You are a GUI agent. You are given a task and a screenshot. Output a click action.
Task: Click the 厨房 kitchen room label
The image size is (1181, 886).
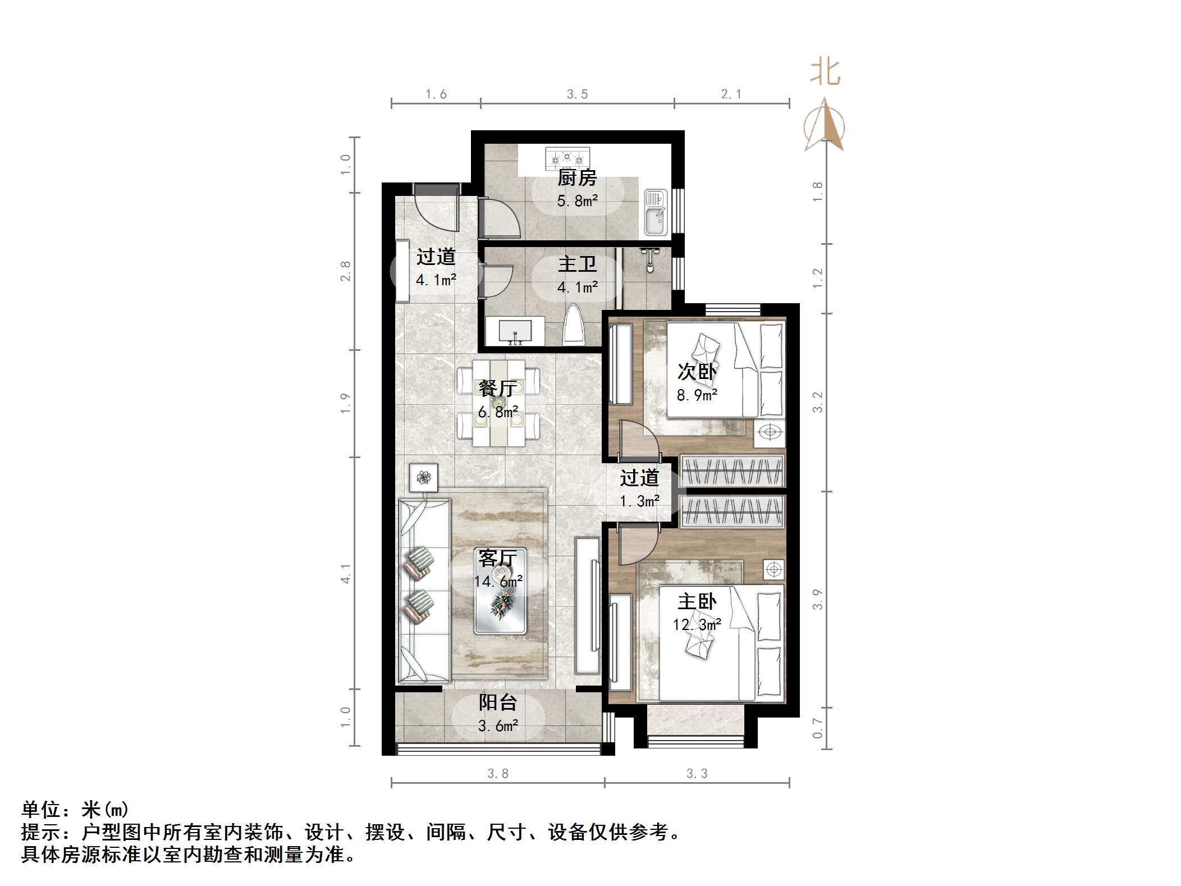pyautogui.click(x=576, y=178)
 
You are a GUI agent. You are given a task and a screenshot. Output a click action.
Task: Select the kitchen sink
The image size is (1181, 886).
pyautogui.click(x=654, y=212)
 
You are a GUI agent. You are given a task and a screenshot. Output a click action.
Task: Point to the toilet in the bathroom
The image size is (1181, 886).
pyautogui.click(x=574, y=325)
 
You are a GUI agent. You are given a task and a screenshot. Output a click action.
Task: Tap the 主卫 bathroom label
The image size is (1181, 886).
pyautogui.click(x=577, y=264)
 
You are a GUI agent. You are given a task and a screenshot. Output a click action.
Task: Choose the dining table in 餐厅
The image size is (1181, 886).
pyautogui.click(x=498, y=403)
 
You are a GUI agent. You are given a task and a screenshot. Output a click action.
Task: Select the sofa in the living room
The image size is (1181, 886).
pyautogui.click(x=424, y=590)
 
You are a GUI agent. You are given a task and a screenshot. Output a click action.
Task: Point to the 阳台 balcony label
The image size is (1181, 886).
pyautogui.click(x=497, y=702)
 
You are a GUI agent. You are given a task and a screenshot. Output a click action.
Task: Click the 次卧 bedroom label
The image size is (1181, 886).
pyautogui.click(x=697, y=372)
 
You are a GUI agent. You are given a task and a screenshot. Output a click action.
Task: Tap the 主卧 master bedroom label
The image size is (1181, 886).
pyautogui.click(x=697, y=602)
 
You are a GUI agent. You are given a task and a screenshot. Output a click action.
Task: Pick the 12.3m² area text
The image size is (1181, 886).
pyautogui.click(x=697, y=624)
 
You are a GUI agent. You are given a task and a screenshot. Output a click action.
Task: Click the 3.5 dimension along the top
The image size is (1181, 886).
pyautogui.click(x=577, y=94)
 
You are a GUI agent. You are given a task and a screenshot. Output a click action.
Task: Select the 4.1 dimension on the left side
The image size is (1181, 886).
pyautogui.click(x=345, y=574)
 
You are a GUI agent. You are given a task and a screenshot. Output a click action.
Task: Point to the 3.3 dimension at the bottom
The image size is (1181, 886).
pyautogui.click(x=697, y=774)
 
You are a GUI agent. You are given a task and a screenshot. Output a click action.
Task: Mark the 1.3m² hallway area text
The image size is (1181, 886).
pyautogui.click(x=639, y=501)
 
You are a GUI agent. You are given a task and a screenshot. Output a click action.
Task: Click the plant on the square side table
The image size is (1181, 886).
pyautogui.click(x=424, y=478)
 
